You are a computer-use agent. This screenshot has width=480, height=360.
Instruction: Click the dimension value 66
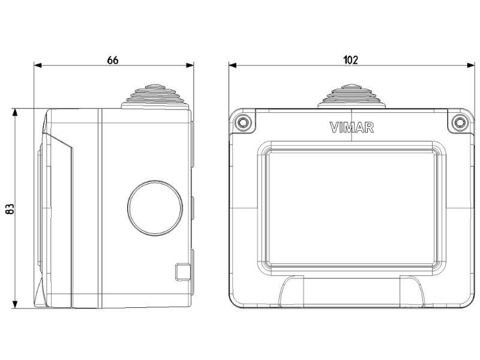click(112, 61)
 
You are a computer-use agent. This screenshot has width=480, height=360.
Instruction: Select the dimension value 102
click(350, 59)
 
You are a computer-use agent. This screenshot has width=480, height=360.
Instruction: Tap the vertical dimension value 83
click(10, 209)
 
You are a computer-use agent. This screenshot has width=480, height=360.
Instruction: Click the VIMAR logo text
click(352, 128)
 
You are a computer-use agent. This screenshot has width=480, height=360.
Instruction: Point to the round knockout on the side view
click(155, 208)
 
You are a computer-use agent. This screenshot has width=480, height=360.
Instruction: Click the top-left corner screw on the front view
click(244, 122)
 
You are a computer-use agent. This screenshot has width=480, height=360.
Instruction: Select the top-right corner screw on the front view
click(459, 122)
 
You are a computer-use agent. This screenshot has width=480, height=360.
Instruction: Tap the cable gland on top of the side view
click(155, 97)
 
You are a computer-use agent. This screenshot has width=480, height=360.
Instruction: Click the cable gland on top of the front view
click(352, 96)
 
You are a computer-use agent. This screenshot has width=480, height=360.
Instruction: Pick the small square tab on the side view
click(183, 271)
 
